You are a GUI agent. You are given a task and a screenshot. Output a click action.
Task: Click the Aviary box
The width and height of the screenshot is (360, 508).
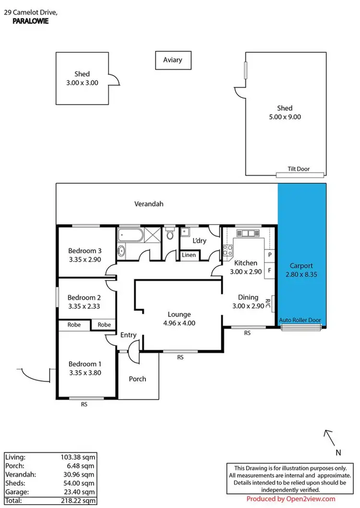coord(172,60)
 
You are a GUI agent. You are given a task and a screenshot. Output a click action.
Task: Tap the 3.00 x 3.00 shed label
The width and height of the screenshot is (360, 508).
coord(82,83)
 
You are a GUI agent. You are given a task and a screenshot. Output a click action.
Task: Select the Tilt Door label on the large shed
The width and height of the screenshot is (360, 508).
coord(299,169)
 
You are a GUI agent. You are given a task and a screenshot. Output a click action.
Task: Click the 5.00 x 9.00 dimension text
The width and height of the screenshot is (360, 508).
coord(285,117)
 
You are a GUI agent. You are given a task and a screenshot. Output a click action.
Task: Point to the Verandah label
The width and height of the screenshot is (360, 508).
coord(149,204)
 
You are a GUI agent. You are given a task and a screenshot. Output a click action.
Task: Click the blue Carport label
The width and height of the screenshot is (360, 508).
coord(301,266)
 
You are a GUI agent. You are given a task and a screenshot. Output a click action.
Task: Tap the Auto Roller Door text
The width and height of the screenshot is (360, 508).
coord(301,320)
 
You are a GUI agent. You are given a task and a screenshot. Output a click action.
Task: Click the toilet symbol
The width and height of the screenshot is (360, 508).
coord(168,235)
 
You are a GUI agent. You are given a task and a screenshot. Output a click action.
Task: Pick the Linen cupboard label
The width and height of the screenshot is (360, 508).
coord(189,255)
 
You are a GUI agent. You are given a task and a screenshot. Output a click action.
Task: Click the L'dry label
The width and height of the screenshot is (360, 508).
coord(199,240)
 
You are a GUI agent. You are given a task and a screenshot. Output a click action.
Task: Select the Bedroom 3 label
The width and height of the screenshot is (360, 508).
coord(84,250)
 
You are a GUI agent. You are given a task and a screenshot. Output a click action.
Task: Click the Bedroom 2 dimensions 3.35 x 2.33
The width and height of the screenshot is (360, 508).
coord(84,306)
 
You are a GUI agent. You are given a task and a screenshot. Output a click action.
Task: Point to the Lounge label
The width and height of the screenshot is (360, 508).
coord(179,314)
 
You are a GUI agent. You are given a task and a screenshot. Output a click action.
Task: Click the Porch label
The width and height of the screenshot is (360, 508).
coord(137,379)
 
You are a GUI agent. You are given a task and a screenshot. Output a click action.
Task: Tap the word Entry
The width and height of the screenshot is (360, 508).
coord(128,335)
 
